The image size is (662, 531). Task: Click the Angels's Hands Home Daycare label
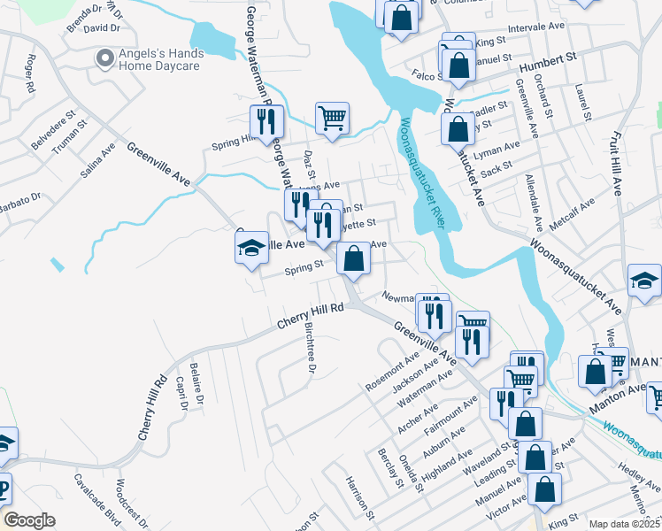[x=161, y=59]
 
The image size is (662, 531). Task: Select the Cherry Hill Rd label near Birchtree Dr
[x=310, y=318]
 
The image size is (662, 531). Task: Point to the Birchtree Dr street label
[x=310, y=358]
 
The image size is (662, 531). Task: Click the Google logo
[x=30, y=520]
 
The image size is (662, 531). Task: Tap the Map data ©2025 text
[x=624, y=524]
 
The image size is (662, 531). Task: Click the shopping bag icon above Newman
[x=353, y=259]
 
